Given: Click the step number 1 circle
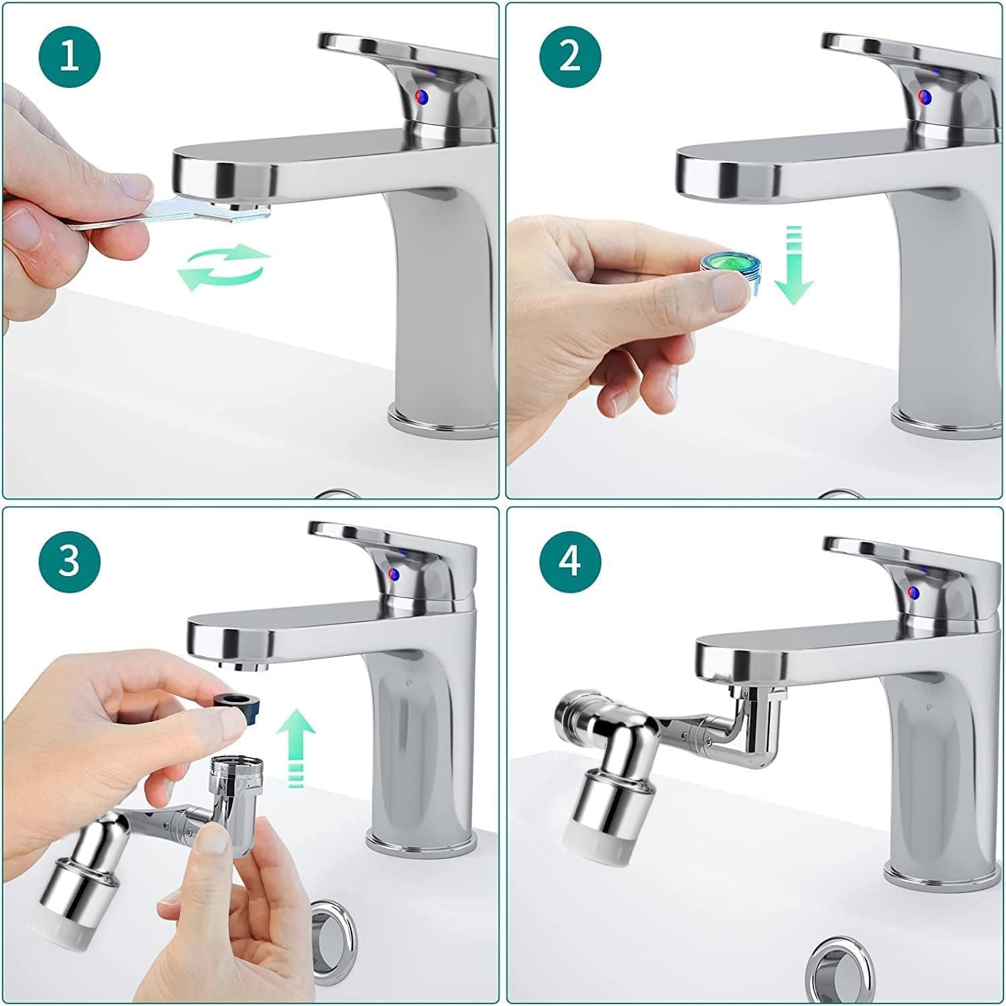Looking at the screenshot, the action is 70,56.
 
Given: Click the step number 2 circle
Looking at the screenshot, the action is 570,56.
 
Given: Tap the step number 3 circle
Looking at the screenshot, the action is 70,561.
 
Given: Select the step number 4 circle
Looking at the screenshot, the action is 570,561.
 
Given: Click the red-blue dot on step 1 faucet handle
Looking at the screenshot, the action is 422,97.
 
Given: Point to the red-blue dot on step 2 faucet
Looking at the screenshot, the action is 925,97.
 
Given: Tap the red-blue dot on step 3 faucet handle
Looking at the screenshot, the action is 395,574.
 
